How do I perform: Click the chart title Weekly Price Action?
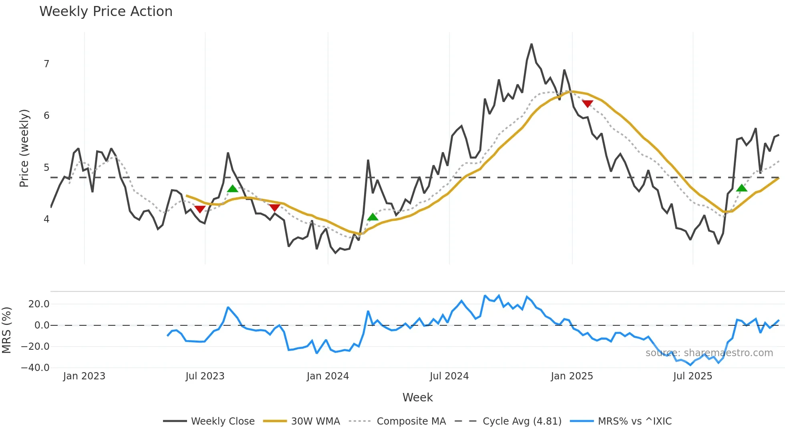[x=106, y=12]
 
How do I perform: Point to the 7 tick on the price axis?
[x=46, y=64]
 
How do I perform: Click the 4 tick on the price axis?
[x=46, y=219]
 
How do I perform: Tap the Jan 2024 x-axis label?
[x=328, y=376]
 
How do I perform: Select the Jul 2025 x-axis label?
[x=692, y=376]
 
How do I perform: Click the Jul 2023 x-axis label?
[x=205, y=376]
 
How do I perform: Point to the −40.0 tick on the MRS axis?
[x=35, y=367]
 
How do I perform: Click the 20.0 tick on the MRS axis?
[x=39, y=304]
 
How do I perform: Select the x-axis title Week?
[x=417, y=397]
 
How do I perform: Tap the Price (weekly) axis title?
[x=24, y=148]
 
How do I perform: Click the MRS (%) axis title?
[x=6, y=330]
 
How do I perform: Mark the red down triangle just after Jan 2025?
[x=587, y=104]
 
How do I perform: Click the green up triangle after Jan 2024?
[x=372, y=217]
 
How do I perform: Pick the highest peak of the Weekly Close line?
[x=531, y=44]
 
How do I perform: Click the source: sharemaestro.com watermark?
[x=709, y=353]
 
